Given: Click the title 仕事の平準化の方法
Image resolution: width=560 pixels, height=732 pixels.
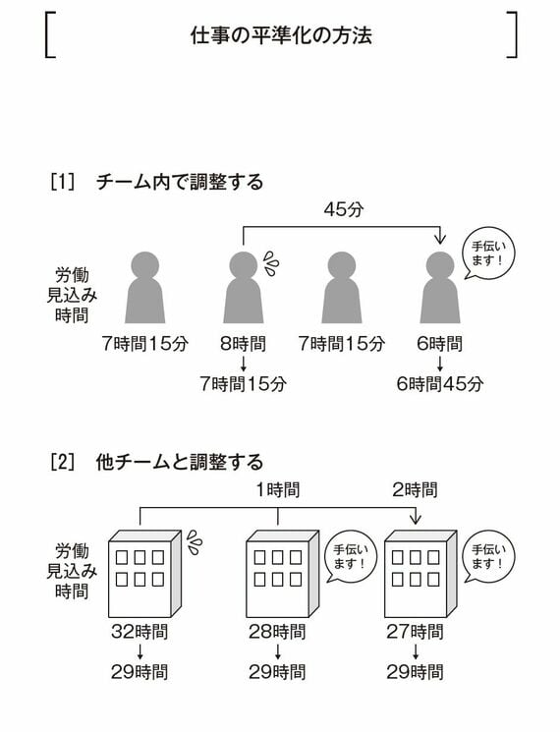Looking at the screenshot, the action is coord(281,35).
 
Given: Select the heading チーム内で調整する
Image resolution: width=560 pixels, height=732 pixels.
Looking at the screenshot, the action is coord(180,182).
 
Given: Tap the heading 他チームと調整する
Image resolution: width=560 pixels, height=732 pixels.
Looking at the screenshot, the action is coord(180,462).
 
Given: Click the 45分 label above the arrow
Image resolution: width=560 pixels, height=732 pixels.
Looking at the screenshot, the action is coord(344,209).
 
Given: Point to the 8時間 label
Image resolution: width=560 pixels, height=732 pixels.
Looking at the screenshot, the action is coord(243,344).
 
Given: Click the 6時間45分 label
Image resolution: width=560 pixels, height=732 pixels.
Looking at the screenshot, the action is coord(440,384).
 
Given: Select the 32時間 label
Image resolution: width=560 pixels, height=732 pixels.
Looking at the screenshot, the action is coord(140,632).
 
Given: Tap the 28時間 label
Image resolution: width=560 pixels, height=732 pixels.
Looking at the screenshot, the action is coord(277,632).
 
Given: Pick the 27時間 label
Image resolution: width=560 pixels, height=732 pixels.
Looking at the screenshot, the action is coord(415,632).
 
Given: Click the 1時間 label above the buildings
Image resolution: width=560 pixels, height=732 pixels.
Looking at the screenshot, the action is coord(278,489).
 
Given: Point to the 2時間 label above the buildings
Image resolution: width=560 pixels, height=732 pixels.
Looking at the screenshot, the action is coord(415,489).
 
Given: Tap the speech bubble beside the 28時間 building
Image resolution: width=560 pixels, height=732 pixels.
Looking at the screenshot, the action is coord(350,557).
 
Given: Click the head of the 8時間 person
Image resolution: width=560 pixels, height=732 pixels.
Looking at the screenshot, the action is coord(243,265).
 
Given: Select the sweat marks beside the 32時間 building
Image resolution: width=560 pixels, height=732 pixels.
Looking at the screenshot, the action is coord(195,542).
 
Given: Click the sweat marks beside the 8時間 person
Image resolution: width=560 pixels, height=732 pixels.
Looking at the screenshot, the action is coord(271,263).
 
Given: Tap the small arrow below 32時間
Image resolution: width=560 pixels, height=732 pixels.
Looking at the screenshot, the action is coord(140,651).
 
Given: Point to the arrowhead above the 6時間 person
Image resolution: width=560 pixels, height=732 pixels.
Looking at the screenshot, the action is coord(440,240).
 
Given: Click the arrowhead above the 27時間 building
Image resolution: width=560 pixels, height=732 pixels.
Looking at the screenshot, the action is coord(415,520).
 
